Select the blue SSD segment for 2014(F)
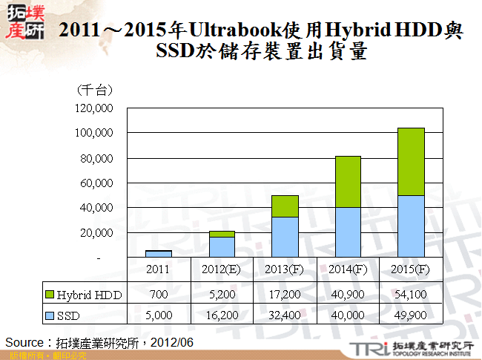tap(349, 232)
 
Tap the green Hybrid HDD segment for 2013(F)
tap(285, 206)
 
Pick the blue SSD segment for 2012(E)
tap(222, 246)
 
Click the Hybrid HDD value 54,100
tap(412, 295)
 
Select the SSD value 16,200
tap(222, 315)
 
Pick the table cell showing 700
tap(159, 295)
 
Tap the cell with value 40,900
tap(349, 295)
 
